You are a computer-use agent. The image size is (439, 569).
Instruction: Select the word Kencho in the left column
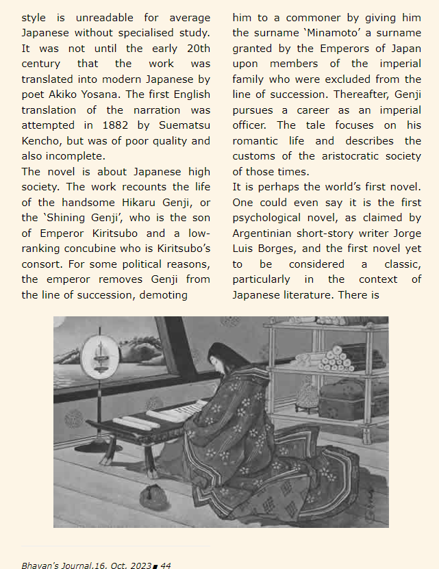pyautogui.click(x=42, y=141)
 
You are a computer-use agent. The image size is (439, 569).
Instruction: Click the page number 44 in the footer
pyautogui.click(x=166, y=566)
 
